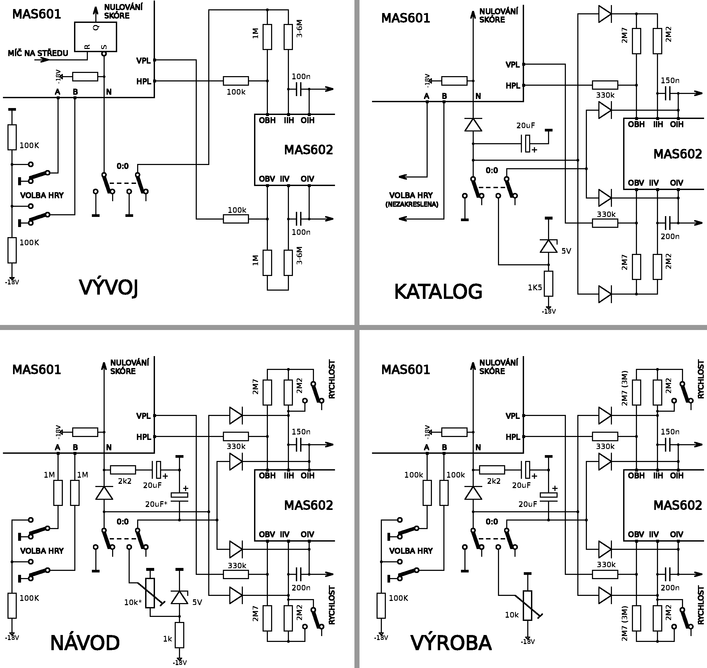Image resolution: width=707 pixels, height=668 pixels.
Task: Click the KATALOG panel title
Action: [x=438, y=292]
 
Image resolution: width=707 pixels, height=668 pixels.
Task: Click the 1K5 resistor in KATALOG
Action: [x=548, y=283]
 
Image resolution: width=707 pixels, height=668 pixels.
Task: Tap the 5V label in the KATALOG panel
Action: [x=566, y=251]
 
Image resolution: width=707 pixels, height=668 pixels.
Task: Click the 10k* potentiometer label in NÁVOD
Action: [x=133, y=602]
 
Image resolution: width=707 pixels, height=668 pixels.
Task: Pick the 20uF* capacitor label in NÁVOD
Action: [x=156, y=504]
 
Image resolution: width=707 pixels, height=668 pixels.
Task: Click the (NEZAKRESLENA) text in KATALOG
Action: [x=412, y=205]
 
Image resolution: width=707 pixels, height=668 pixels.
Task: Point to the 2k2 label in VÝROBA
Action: [x=493, y=481]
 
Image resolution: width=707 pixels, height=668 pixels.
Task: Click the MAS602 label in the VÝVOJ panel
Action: [x=308, y=150]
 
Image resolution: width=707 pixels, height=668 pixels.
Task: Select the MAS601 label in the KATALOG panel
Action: [x=406, y=18]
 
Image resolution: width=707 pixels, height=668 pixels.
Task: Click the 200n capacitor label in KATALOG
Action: [x=670, y=236]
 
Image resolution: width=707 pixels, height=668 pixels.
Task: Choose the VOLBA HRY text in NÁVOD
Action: [x=42, y=551]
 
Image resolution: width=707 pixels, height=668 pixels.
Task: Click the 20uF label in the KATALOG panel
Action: [x=526, y=126]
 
